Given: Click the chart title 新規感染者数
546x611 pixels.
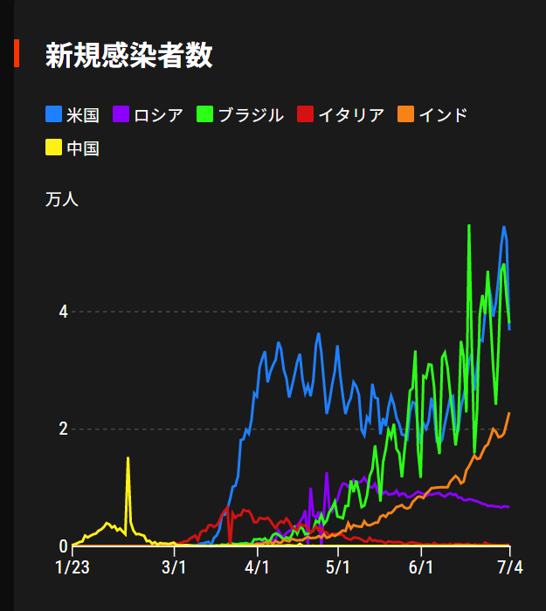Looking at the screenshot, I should click(x=128, y=55).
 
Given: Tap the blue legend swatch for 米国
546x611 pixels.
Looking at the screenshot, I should click(x=53, y=114).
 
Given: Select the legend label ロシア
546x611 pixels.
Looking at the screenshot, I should click(x=157, y=114).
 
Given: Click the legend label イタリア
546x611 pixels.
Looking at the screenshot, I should click(x=350, y=114).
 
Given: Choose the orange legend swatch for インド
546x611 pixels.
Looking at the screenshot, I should click(x=405, y=114).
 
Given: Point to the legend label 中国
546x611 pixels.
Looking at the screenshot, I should click(x=83, y=148).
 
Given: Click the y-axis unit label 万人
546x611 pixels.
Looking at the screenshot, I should click(x=62, y=199).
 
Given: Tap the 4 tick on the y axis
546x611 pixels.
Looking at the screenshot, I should click(x=63, y=312).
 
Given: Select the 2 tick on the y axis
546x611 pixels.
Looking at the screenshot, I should click(x=63, y=429).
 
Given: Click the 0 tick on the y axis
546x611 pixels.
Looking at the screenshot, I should click(x=63, y=546).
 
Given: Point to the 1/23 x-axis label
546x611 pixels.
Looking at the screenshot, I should click(x=72, y=568).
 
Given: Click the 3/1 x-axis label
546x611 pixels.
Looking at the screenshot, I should click(x=175, y=568).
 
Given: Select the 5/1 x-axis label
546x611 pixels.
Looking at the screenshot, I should click(x=339, y=568).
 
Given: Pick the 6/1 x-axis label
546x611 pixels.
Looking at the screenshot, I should click(x=422, y=568).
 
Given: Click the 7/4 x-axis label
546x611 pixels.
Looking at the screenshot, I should click(x=510, y=568).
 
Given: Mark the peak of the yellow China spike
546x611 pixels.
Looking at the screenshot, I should click(x=128, y=458).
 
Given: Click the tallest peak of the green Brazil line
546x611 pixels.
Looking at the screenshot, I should click(x=469, y=225).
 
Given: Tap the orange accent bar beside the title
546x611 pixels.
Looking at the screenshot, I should click(x=16, y=53).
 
